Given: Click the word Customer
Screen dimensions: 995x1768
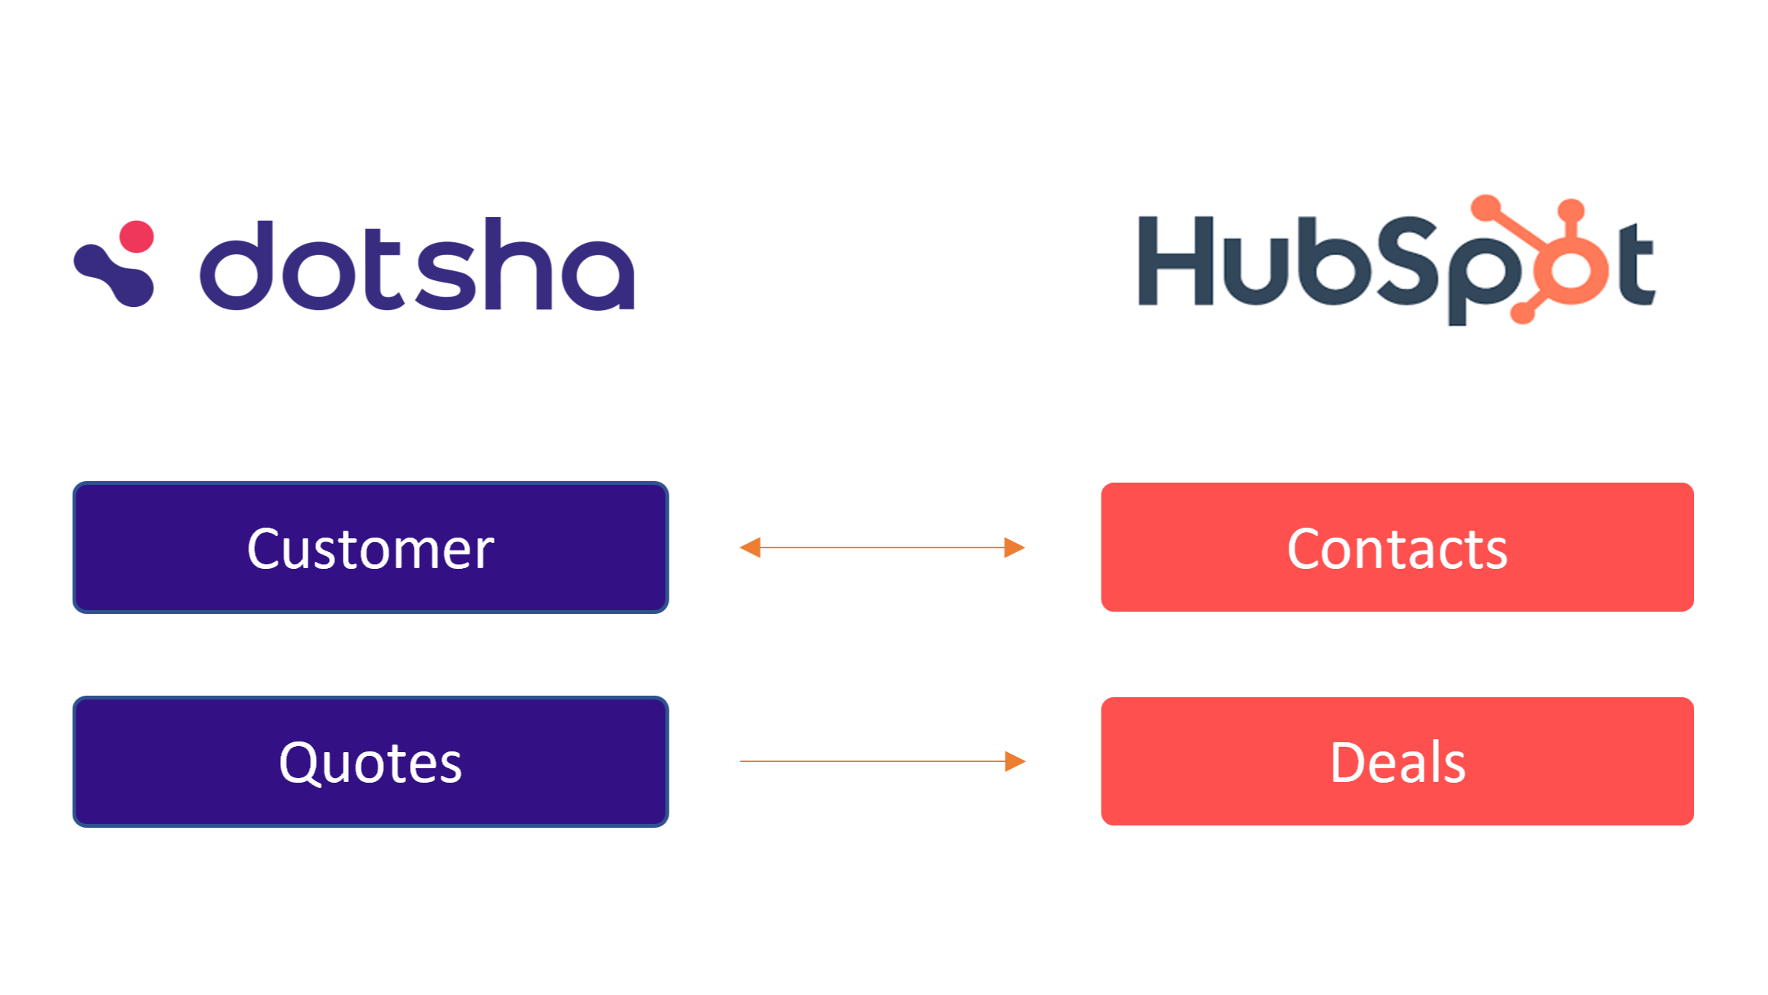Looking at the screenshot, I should pyautogui.click(x=370, y=549).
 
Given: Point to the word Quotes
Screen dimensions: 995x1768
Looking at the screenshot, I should pyautogui.click(x=370, y=763).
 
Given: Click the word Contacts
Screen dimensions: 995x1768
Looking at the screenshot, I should pyautogui.click(x=1397, y=549).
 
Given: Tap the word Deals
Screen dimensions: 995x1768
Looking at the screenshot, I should pyautogui.click(x=1397, y=763).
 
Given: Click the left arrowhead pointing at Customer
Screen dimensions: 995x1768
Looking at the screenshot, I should pyautogui.click(x=750, y=548).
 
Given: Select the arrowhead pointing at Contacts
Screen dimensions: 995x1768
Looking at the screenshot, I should pyautogui.click(x=1015, y=548).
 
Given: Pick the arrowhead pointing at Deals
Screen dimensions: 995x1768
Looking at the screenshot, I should pyautogui.click(x=1015, y=761).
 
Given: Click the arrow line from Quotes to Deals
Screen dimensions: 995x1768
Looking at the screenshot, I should pyautogui.click(x=870, y=761).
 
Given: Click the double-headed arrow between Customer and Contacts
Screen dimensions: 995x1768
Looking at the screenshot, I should pyautogui.click(x=882, y=548).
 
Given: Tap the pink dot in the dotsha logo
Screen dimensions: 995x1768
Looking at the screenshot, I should pyautogui.click(x=137, y=237).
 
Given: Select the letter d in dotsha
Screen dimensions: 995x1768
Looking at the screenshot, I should pyautogui.click(x=236, y=267).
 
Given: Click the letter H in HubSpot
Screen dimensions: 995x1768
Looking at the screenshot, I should pyautogui.click(x=1176, y=260).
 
